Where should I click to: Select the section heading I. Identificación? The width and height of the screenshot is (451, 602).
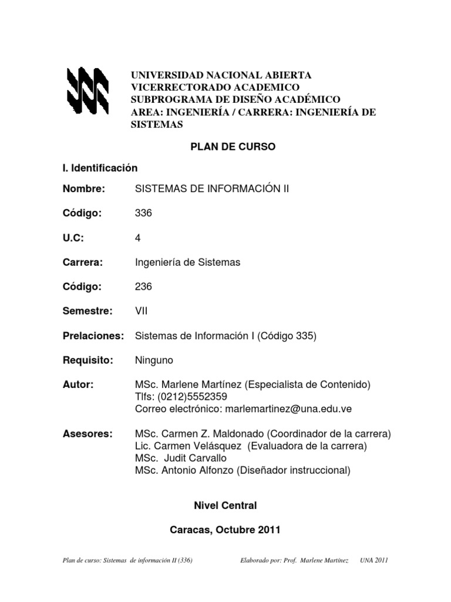pos(100,168)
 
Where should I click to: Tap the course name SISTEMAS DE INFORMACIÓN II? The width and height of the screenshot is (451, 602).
pos(212,189)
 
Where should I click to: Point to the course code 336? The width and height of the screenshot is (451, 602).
pos(143,213)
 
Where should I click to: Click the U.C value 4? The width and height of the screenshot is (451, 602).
pos(138,238)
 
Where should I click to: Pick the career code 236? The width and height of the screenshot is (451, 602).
pos(143,287)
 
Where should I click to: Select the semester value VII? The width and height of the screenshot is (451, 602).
pos(142,312)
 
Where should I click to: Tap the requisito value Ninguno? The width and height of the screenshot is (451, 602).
pos(154,360)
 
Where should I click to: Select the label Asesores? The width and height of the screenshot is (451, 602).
pos(87,434)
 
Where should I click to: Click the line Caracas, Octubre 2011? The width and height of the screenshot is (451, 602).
pos(225,530)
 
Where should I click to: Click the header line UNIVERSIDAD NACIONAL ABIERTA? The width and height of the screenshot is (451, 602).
pos(221,75)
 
